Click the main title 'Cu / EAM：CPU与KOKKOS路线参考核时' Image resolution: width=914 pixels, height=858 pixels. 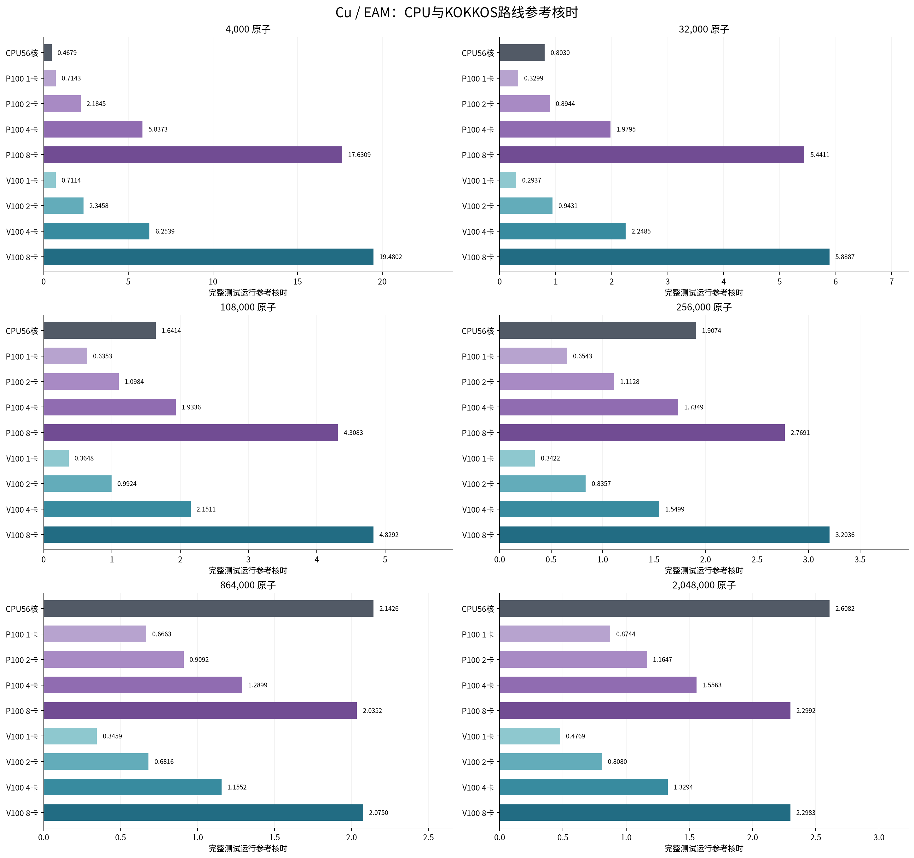pyautogui.click(x=457, y=12)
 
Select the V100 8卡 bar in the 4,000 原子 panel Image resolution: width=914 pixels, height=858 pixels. pyautogui.click(x=208, y=257)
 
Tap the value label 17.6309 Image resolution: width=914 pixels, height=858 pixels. pyautogui.click(x=359, y=155)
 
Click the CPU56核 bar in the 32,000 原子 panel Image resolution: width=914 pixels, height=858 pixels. pyautogui.click(x=522, y=52)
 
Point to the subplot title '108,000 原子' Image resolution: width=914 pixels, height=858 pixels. pyautogui.click(x=248, y=307)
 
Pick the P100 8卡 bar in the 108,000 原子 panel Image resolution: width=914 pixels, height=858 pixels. pyautogui.click(x=191, y=432)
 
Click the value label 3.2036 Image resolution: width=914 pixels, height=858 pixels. pyautogui.click(x=845, y=535)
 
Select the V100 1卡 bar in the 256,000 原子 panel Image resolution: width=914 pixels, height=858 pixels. pyautogui.click(x=517, y=458)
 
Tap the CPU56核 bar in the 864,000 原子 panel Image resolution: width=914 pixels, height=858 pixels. pyautogui.click(x=208, y=608)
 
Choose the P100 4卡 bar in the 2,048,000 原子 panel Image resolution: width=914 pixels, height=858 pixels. pyautogui.click(x=598, y=685)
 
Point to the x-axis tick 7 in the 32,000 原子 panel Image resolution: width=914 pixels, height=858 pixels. pyautogui.click(x=892, y=282)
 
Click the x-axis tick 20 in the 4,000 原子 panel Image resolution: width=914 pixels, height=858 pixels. pyautogui.click(x=382, y=282)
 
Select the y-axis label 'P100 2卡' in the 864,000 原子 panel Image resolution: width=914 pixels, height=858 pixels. pyautogui.click(x=22, y=660)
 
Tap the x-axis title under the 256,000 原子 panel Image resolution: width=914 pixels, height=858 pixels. pyautogui.click(x=704, y=570)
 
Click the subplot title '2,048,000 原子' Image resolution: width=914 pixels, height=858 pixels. pyautogui.click(x=704, y=585)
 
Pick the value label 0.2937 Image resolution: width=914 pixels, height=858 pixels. pyautogui.click(x=531, y=180)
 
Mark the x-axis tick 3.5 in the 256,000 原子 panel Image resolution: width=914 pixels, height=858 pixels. pyautogui.click(x=860, y=559)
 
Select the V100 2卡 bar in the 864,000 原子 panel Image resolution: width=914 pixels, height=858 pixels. pyautogui.click(x=96, y=761)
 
